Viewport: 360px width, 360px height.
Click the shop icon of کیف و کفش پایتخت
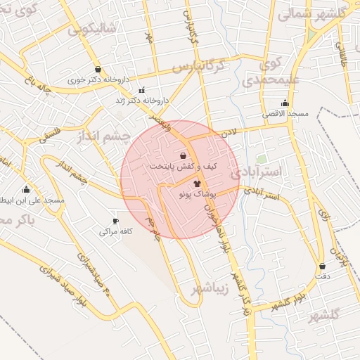[184, 155]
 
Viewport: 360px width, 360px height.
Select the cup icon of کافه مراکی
[115, 221]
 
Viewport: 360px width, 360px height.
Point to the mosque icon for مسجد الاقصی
[285, 103]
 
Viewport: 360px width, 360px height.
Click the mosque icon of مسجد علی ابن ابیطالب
[27, 189]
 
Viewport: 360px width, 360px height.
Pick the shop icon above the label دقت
[322, 266]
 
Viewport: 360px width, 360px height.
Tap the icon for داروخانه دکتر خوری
[97, 70]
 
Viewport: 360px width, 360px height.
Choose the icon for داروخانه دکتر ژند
[143, 90]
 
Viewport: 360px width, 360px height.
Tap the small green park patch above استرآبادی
[262, 160]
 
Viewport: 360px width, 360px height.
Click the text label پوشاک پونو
[207, 192]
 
